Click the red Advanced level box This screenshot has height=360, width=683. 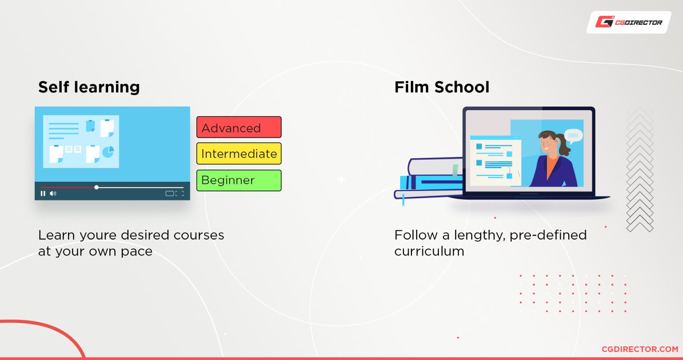point(239,127)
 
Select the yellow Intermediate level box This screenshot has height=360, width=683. point(239,154)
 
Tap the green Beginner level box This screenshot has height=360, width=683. point(239,180)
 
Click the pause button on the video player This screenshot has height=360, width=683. point(43,194)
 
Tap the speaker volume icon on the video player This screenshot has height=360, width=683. point(53,194)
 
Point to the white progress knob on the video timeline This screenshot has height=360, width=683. point(96,187)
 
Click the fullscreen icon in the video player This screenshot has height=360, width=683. point(180,194)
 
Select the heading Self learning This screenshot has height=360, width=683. point(89,88)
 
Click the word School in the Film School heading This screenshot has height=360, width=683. point(462,87)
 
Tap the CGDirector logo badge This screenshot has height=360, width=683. point(629,22)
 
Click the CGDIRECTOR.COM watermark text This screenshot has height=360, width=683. point(640,349)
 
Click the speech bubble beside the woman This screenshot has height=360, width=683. point(573,136)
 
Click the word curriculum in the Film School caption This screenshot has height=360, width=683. point(429,252)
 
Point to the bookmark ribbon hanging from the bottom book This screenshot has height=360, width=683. point(403,200)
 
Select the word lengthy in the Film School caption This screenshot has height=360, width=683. point(478,236)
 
